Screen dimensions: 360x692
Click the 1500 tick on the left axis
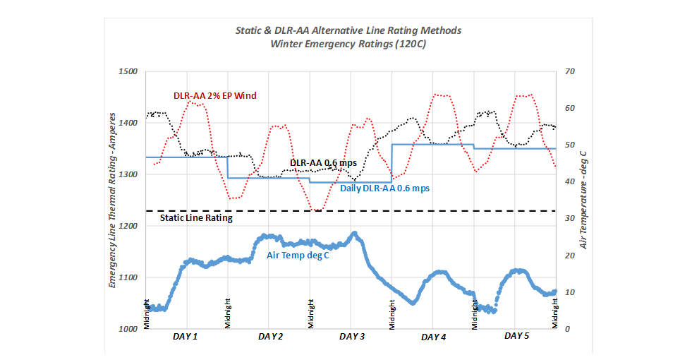click(130, 72)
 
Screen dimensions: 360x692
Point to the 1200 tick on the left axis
click(130, 226)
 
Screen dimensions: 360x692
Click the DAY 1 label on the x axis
click(186, 337)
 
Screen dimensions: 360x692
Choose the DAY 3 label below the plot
click(352, 337)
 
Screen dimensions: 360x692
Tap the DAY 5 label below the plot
click(517, 336)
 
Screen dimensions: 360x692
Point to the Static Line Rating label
click(196, 218)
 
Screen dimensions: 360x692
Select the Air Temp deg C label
click(298, 255)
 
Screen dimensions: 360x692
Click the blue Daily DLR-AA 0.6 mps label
click(385, 188)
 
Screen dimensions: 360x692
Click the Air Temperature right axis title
click(585, 199)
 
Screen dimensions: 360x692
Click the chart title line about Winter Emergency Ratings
click(349, 43)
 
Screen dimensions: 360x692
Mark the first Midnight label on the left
click(147, 313)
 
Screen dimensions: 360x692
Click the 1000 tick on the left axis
click(130, 329)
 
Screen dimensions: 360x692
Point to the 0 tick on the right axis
click(569, 329)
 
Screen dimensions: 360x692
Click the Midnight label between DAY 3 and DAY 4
click(392, 313)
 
